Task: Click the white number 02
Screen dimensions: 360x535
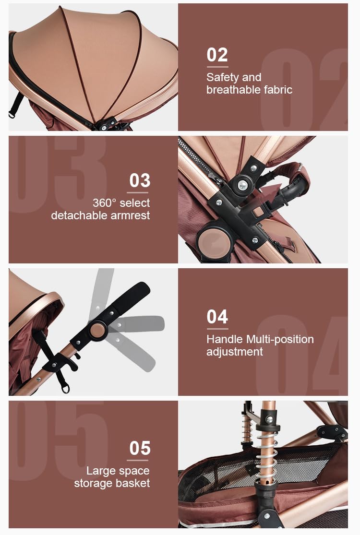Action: (x=217, y=55)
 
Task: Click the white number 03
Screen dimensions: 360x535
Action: (x=140, y=180)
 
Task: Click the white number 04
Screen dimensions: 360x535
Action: (x=217, y=317)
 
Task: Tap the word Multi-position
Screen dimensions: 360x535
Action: (x=280, y=340)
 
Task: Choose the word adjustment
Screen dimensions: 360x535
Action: (x=235, y=352)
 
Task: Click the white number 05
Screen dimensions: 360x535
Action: (x=140, y=448)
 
